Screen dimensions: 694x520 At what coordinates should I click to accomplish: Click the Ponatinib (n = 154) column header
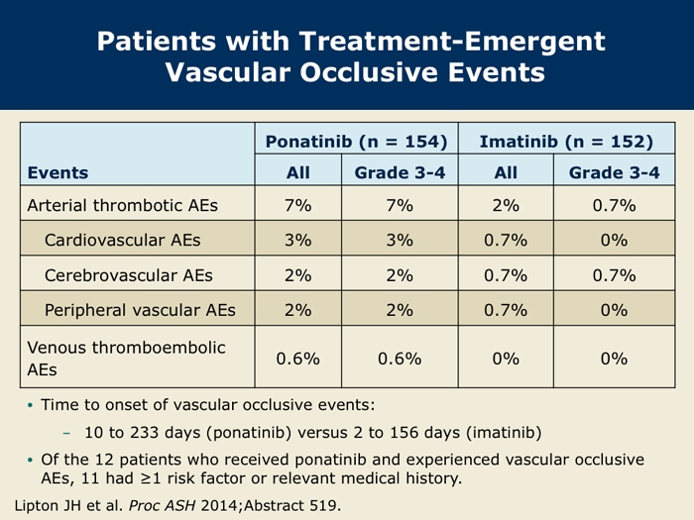356,142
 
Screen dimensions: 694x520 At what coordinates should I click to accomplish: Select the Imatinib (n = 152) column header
566,142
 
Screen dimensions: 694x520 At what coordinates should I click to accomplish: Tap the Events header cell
58,172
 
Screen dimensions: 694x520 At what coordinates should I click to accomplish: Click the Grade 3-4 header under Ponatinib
400,172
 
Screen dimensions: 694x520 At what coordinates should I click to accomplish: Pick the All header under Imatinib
506,172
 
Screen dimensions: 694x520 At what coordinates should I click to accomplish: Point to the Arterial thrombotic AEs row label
123,206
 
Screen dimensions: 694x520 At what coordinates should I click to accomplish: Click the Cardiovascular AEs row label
123,240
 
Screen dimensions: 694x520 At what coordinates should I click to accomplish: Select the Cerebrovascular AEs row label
129,275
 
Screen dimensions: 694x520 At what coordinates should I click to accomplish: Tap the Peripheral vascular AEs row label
140,310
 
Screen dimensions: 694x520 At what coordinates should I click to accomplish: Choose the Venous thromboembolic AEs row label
126,359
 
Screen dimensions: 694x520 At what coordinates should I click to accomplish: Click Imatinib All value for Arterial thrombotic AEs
506,206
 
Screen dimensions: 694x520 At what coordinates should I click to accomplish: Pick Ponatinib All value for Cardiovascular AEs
297,240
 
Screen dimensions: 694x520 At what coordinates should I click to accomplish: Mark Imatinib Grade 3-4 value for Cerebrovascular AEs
614,275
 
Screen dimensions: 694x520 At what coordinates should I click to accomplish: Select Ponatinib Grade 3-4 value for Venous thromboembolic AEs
400,359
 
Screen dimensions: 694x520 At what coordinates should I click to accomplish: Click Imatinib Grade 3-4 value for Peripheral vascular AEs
614,310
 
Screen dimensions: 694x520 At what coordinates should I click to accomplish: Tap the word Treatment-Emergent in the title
452,42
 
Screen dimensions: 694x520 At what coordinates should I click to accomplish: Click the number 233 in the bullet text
144,432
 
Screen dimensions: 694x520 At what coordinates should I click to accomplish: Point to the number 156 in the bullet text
404,432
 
